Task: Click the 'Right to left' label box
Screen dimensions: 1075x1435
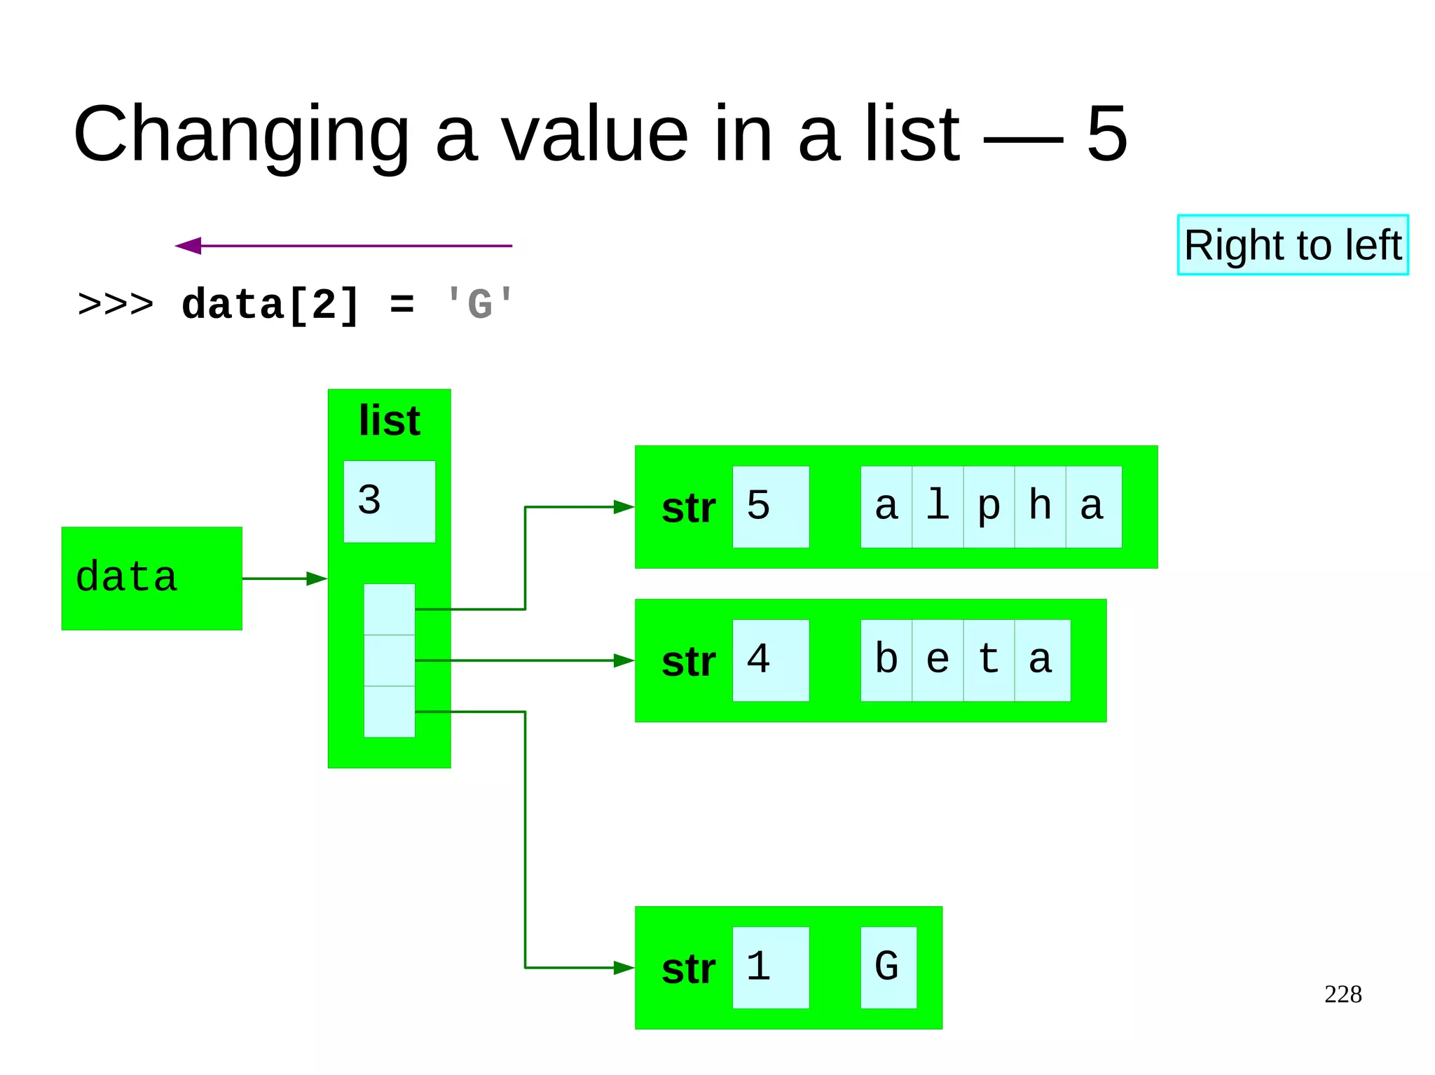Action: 1292,245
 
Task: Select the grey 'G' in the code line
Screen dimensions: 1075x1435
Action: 480,305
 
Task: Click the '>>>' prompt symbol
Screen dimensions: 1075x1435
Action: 116,305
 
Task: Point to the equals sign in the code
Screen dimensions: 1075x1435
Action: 401,305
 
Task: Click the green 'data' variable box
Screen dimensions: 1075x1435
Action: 152,578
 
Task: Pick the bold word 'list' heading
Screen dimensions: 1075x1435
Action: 389,420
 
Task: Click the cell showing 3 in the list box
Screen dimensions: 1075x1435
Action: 389,501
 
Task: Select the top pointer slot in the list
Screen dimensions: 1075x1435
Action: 389,609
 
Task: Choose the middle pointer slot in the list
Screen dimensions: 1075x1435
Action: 389,660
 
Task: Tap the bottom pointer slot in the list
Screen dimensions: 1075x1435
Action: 389,712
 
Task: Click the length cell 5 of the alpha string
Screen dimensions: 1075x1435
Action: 770,506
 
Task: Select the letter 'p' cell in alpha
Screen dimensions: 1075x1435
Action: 989,506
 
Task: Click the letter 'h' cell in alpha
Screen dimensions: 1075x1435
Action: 1040,506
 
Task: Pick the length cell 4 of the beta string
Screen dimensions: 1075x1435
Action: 770,660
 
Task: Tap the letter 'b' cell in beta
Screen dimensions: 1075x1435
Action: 886,660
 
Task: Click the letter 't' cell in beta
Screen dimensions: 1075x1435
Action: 989,660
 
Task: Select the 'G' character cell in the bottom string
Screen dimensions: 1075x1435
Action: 888,967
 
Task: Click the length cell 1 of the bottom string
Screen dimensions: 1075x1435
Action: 770,967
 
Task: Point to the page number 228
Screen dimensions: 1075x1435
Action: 1343,994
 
